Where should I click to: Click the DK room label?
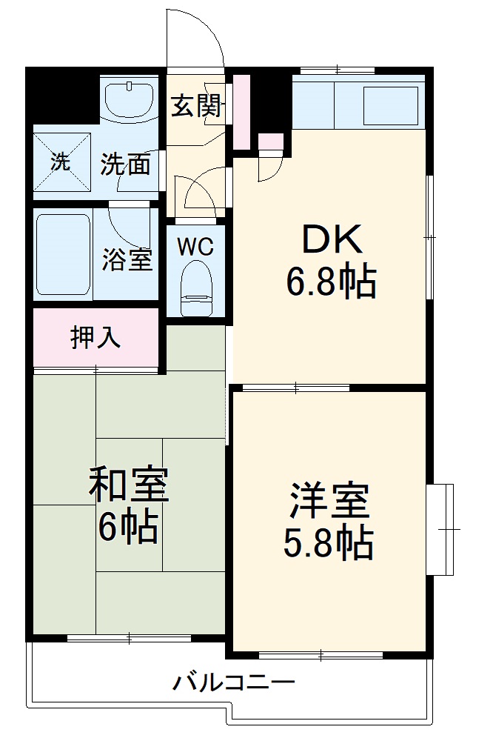pos(332,239)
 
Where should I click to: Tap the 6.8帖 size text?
pos(332,281)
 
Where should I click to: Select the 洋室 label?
pos(329,501)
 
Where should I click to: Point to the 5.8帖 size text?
pos(328,544)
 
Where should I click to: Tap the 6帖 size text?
pos(129,528)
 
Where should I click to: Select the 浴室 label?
pos(127,260)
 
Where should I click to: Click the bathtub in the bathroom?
pos(63,253)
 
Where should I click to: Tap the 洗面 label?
pos(126,164)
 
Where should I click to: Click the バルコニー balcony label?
pos(234,682)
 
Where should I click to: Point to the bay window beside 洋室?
pos(442,529)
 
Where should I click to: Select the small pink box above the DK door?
pos(270,141)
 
